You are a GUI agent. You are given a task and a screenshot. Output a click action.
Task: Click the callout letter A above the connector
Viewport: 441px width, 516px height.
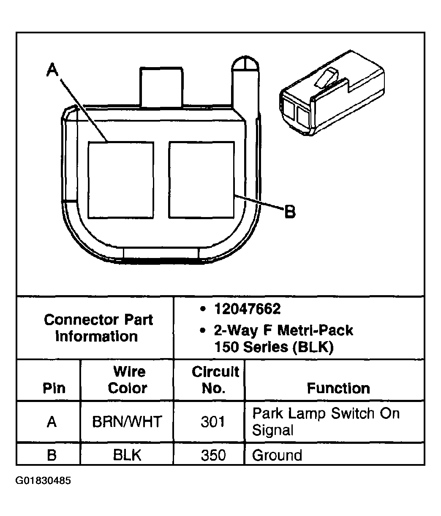click(x=52, y=70)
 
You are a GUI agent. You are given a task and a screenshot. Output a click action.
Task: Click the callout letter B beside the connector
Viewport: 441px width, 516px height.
click(x=289, y=211)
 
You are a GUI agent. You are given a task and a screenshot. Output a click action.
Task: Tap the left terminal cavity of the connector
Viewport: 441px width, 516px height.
click(x=120, y=180)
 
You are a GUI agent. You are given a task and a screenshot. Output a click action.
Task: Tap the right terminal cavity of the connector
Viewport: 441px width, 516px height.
click(x=201, y=180)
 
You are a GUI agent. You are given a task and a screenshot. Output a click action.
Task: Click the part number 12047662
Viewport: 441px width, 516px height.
click(x=247, y=309)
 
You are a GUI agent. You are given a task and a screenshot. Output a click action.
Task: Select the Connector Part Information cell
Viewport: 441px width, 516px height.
click(x=98, y=328)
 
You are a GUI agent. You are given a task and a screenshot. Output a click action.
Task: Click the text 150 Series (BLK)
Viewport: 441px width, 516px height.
click(x=274, y=347)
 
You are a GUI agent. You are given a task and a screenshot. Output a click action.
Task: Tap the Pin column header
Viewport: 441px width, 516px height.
click(x=54, y=388)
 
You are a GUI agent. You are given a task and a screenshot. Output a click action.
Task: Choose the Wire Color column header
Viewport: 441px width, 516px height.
click(x=128, y=380)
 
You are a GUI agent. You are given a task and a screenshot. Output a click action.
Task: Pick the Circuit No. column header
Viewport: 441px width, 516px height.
click(x=215, y=380)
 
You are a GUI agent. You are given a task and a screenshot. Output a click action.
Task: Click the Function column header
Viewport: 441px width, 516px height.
click(x=338, y=388)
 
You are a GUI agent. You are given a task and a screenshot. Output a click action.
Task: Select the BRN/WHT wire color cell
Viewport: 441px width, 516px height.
click(x=127, y=422)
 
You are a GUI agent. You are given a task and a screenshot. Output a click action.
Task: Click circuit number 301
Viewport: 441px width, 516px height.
click(x=213, y=422)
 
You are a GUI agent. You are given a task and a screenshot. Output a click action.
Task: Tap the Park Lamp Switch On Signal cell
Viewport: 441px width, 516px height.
click(x=326, y=421)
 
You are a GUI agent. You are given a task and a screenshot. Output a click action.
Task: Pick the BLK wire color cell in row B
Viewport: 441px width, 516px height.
click(x=127, y=455)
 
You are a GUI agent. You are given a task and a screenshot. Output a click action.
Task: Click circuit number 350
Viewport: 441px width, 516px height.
click(x=213, y=455)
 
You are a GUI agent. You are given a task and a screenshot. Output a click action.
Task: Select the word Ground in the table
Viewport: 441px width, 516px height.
click(x=277, y=455)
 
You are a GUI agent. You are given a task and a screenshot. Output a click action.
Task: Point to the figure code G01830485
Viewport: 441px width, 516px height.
click(x=43, y=481)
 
